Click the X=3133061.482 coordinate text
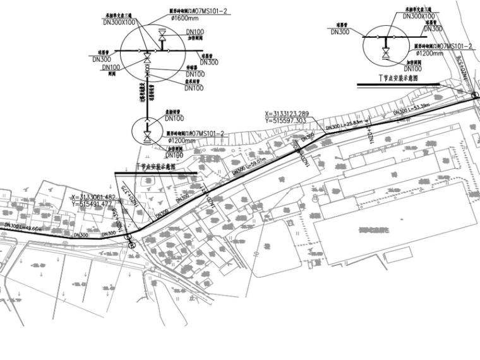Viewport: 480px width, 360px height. (93, 198)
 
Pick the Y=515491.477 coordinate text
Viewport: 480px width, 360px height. (93, 204)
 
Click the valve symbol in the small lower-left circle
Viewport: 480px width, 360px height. (147, 136)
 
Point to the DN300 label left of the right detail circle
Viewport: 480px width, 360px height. (340, 32)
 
